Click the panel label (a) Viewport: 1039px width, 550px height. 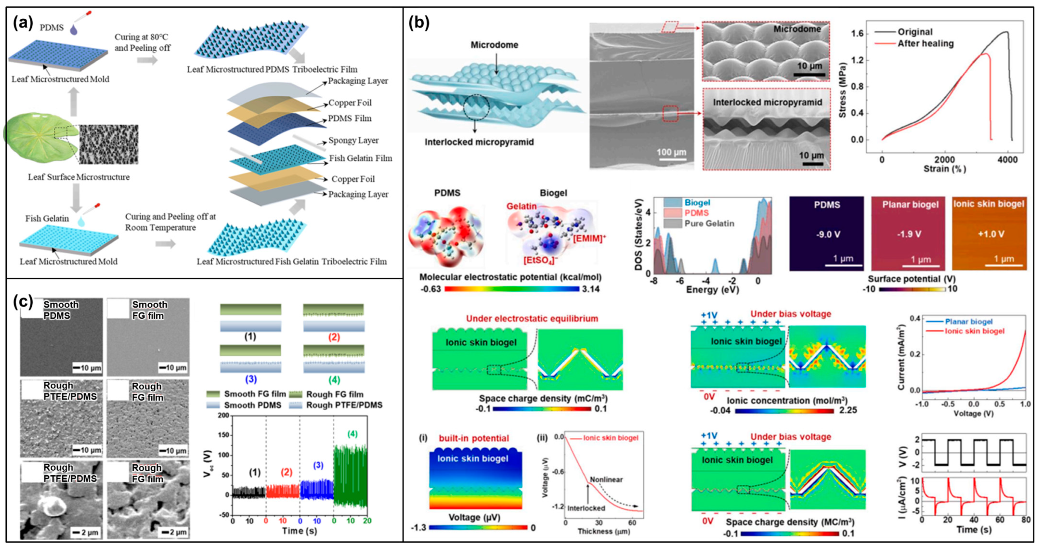(x=23, y=23)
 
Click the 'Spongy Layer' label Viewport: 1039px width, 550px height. (x=353, y=140)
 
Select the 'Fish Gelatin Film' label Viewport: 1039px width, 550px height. (x=360, y=158)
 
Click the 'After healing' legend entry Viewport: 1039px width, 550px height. (x=925, y=44)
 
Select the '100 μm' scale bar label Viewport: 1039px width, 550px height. (x=671, y=152)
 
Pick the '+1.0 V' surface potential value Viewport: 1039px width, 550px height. (x=991, y=234)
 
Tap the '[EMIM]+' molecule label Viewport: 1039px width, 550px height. (x=589, y=238)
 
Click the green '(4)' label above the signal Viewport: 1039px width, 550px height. (x=352, y=434)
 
